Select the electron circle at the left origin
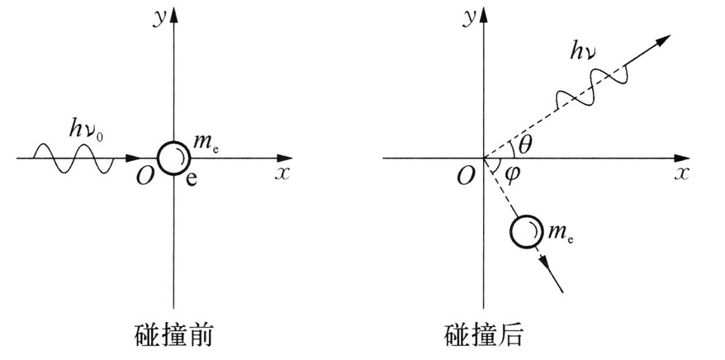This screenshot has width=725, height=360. pos(174,158)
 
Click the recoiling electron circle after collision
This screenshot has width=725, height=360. pos(527,232)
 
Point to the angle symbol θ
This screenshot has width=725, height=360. pos(524,146)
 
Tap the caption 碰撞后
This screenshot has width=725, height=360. pos(484,335)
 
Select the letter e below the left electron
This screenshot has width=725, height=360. pos(190,180)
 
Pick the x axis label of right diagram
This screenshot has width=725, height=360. pos(681,174)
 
